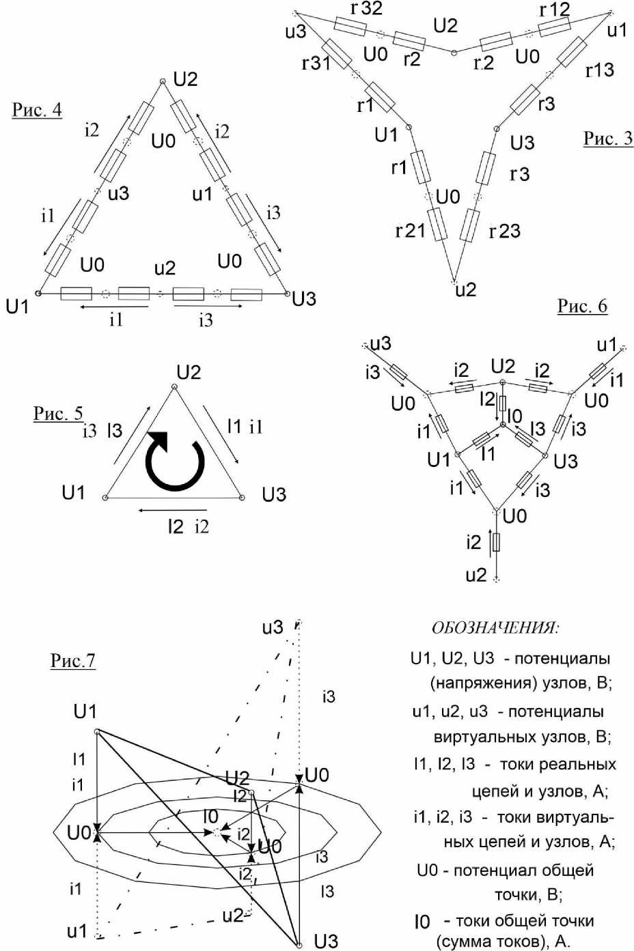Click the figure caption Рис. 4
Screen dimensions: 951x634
click(37, 110)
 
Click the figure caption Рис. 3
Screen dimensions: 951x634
click(607, 139)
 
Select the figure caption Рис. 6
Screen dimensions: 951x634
click(582, 306)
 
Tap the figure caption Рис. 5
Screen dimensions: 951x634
click(58, 413)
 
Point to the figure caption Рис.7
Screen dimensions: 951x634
click(72, 660)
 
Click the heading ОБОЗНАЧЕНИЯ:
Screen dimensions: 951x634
click(495, 627)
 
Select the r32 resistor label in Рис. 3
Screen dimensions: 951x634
click(366, 9)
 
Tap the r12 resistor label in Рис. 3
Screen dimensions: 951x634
click(554, 10)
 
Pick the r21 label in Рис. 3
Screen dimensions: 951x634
click(410, 231)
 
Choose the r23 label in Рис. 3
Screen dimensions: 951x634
click(504, 231)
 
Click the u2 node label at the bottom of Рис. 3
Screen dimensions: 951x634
click(465, 290)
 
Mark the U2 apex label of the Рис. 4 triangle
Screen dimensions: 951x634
click(185, 79)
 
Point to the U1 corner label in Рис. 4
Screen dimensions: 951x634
click(17, 307)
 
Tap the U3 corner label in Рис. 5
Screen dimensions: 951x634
click(274, 494)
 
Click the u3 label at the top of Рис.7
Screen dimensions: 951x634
click(273, 627)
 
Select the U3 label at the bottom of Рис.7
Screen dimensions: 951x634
click(326, 941)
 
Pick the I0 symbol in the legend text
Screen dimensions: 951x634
click(422, 922)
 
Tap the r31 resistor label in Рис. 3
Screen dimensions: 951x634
click(316, 63)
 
